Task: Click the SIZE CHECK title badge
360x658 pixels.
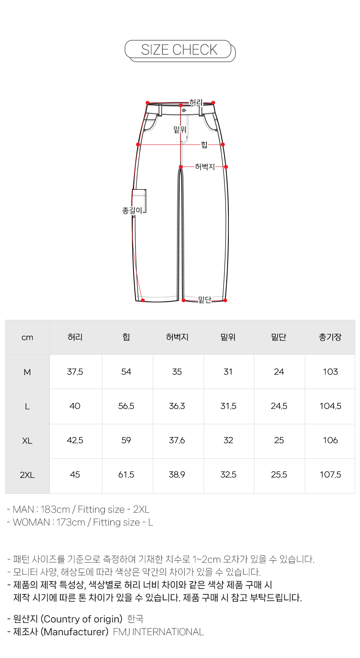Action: pos(179,50)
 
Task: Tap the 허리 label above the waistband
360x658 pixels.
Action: pos(196,102)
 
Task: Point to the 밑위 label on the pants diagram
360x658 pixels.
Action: pos(180,129)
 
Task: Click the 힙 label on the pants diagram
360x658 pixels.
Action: pos(204,144)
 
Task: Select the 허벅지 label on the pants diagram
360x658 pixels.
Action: pos(205,167)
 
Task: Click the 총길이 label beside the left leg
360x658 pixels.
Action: pos(132,210)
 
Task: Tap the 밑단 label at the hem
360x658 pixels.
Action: pos(205,300)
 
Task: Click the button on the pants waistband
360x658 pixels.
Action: pos(184,110)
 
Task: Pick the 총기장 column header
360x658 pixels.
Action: pos(330,337)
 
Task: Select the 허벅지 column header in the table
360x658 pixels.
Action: pos(177,337)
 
